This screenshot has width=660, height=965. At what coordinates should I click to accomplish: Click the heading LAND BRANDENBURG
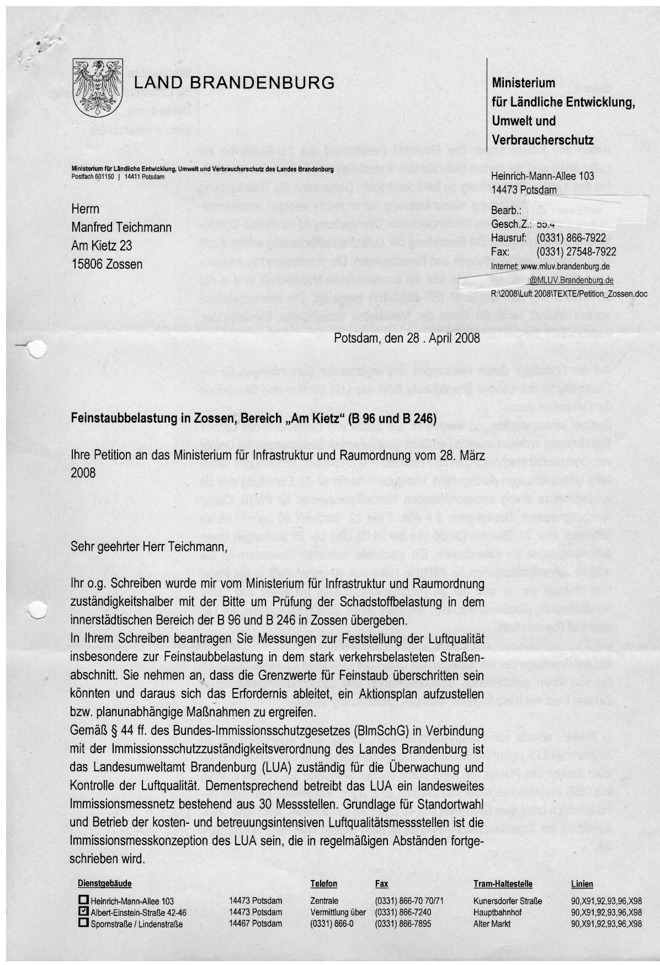coord(235,83)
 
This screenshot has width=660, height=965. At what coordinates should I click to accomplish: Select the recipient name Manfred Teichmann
coord(121,227)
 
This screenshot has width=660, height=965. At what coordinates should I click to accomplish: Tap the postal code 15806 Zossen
coord(107,264)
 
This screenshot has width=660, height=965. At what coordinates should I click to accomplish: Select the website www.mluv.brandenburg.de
coord(565,266)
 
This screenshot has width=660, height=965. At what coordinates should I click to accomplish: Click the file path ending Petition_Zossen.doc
coord(569,294)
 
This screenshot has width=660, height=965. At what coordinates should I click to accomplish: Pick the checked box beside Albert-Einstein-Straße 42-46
coord(83,911)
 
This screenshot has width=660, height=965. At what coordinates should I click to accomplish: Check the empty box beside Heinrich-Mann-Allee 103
coord(83,900)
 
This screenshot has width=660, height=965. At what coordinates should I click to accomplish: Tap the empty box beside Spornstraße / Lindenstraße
coord(83,922)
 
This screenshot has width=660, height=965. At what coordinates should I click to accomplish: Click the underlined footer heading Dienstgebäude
coord(105,883)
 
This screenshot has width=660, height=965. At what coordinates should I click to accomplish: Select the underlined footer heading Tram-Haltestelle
coord(502,883)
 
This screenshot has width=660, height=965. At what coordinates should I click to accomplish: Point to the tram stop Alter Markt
coord(492,923)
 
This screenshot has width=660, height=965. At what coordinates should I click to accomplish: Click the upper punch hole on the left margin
coord(37,349)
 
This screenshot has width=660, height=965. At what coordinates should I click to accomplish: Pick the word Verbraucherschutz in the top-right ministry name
coord(542,140)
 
